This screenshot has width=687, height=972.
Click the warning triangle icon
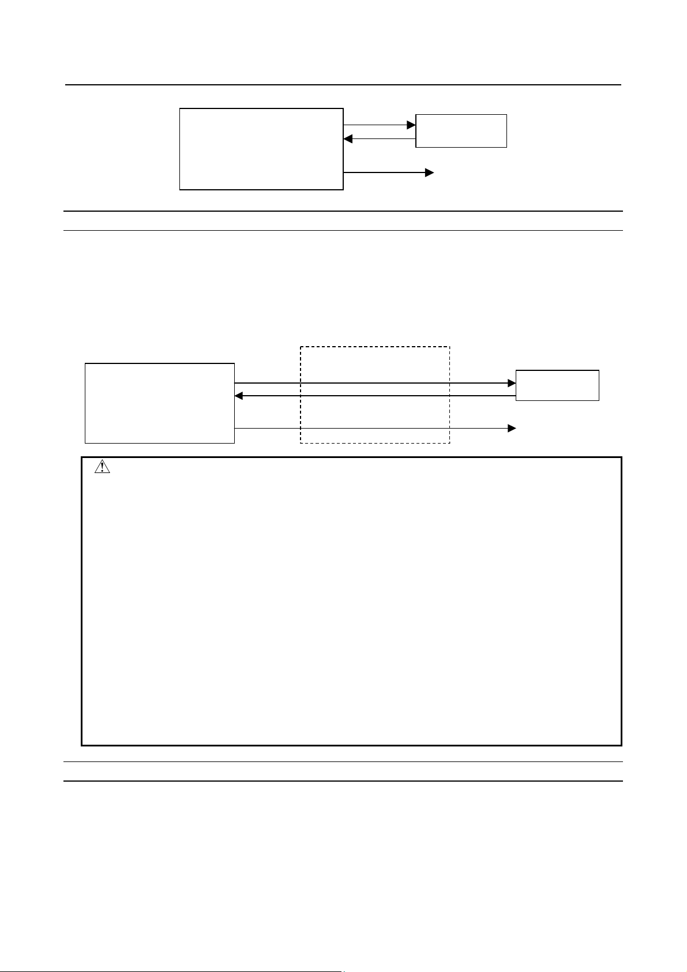102,467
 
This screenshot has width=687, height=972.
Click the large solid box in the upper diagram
261,149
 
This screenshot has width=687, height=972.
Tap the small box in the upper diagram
461,131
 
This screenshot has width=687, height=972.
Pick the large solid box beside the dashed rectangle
160,403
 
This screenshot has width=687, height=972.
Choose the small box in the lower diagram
557,385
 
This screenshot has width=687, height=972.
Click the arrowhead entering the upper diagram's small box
411,125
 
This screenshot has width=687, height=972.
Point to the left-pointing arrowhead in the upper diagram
348,139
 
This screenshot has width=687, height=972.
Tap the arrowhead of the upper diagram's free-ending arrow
429,172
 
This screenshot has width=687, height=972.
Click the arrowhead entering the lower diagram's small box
512,383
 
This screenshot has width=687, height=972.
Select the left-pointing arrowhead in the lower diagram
239,396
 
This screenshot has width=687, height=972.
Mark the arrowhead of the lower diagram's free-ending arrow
512,428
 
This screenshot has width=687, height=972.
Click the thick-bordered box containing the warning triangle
351,601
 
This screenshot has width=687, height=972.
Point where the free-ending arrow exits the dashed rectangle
449,428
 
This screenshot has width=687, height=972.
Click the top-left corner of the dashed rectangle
301,347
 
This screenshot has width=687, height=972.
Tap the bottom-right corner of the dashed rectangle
449,443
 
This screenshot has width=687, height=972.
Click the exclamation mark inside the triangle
102,468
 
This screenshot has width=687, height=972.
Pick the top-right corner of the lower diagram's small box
599,371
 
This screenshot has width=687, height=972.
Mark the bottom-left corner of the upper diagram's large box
180,189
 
